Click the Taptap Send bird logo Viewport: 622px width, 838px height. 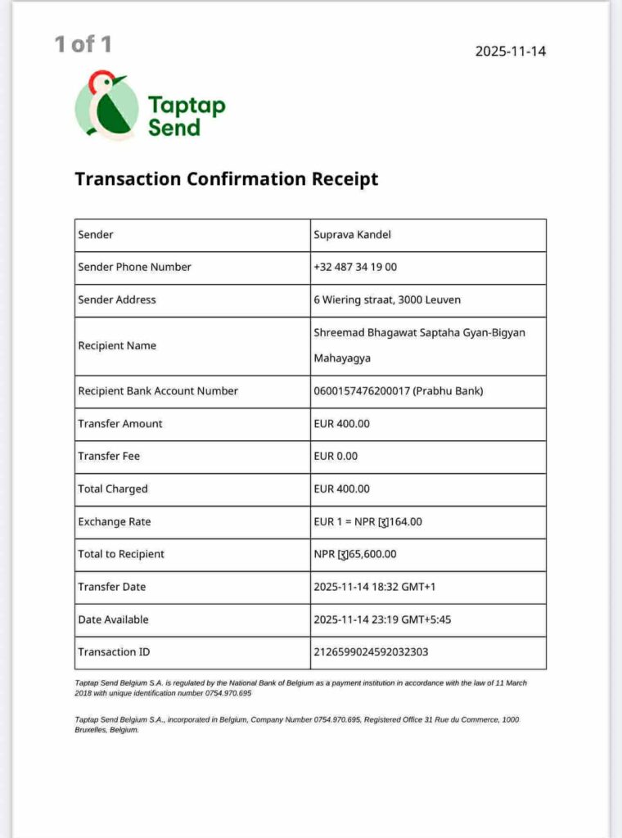point(106,106)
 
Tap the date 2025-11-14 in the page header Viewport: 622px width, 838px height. point(510,52)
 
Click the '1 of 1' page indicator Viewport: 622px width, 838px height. point(83,44)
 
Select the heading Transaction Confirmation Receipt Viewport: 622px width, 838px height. point(226,178)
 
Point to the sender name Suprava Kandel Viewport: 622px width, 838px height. point(353,235)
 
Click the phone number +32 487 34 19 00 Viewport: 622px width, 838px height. point(355,267)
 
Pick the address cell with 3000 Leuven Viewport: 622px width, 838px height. point(387,300)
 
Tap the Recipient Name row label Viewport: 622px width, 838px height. point(117,345)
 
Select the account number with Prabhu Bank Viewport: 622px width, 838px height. point(399,391)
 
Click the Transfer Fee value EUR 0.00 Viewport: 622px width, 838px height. point(336,456)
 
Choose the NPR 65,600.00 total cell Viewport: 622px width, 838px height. point(355,554)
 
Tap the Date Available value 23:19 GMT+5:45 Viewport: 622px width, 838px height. point(382,619)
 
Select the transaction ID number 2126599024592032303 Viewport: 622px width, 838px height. point(371,652)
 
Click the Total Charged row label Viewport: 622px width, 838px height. point(113,489)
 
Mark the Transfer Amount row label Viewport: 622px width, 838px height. point(120,423)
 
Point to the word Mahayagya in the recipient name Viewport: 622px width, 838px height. point(342,358)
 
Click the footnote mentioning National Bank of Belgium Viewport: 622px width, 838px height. point(300,687)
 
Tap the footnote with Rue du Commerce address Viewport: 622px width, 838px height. point(296,724)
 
